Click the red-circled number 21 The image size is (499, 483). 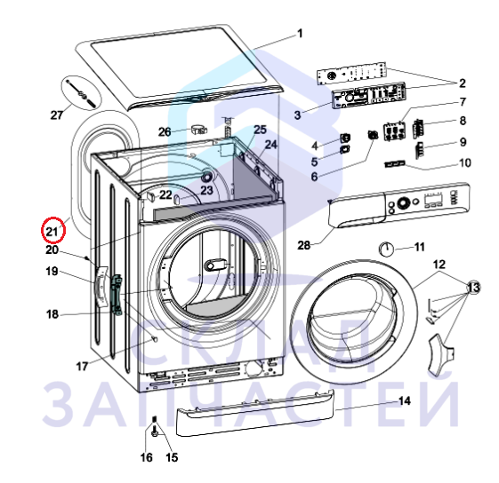[52, 232]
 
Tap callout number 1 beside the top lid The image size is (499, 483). [300, 34]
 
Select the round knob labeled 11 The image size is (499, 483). [386, 249]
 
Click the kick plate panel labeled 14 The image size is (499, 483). [254, 413]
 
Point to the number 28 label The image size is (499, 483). [304, 245]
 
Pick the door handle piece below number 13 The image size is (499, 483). [441, 352]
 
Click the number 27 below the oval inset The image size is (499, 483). [57, 115]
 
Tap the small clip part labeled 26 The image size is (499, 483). [199, 130]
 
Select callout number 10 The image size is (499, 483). [465, 163]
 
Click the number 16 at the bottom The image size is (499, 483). [147, 457]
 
